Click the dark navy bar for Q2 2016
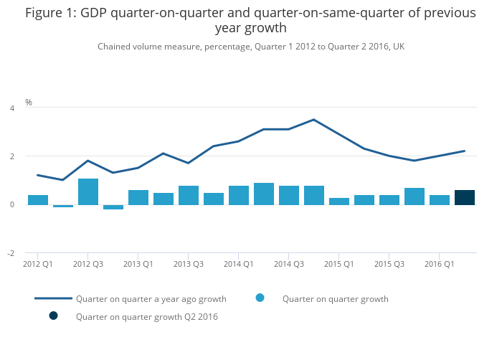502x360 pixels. (464, 197)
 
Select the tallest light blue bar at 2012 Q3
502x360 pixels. (88, 191)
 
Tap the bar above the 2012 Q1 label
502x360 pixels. (38, 200)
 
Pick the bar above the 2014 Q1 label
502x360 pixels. (239, 195)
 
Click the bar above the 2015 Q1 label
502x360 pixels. (339, 202)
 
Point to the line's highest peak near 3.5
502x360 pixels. (313, 120)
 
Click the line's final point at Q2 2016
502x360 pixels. (465, 151)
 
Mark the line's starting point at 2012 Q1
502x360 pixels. (38, 175)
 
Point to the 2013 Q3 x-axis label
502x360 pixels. (189, 264)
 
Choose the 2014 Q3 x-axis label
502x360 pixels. (289, 264)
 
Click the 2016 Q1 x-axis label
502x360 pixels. (440, 264)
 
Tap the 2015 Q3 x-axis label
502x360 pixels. (389, 264)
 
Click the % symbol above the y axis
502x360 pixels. (29, 103)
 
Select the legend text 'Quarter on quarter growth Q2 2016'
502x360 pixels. (146, 316)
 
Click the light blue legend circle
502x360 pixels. (260, 298)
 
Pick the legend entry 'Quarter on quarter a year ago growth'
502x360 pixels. (151, 298)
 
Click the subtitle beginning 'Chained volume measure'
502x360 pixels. (251, 47)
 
